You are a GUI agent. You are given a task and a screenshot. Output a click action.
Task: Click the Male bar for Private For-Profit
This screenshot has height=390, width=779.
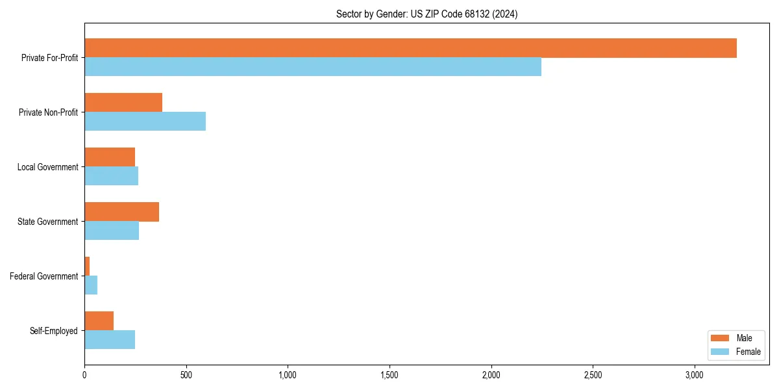click(x=410, y=48)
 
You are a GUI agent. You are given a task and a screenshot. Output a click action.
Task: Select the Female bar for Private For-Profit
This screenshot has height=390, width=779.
click(x=313, y=67)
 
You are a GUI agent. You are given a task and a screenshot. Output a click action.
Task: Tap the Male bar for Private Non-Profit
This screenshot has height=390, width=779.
click(x=123, y=103)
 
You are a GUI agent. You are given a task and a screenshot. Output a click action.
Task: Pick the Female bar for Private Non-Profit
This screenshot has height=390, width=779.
click(x=145, y=122)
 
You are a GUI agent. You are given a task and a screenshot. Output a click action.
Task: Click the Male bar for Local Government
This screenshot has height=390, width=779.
click(x=110, y=157)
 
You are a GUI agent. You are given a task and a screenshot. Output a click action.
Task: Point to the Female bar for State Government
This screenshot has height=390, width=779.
click(x=112, y=231)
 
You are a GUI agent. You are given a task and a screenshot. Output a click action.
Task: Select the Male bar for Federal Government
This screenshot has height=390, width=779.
click(x=87, y=266)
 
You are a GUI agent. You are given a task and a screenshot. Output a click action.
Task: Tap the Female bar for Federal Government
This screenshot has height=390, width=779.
click(x=91, y=285)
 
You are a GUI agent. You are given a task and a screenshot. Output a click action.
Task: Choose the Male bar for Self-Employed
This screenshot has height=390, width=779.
click(x=99, y=321)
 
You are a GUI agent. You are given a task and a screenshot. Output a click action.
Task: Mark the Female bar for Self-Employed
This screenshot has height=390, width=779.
click(x=110, y=340)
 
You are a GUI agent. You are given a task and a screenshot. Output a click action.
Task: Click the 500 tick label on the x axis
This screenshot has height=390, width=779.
click(x=186, y=375)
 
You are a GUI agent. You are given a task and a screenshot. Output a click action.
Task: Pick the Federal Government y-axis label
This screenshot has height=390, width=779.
click(x=44, y=276)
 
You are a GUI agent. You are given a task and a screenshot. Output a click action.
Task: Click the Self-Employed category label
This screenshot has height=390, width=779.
click(x=54, y=331)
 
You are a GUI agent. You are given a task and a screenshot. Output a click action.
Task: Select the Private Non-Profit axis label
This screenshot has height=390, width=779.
click(x=48, y=112)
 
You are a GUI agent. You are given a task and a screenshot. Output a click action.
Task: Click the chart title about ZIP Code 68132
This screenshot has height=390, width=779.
click(x=427, y=14)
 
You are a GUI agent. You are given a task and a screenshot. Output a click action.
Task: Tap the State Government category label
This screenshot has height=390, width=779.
click(x=48, y=222)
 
